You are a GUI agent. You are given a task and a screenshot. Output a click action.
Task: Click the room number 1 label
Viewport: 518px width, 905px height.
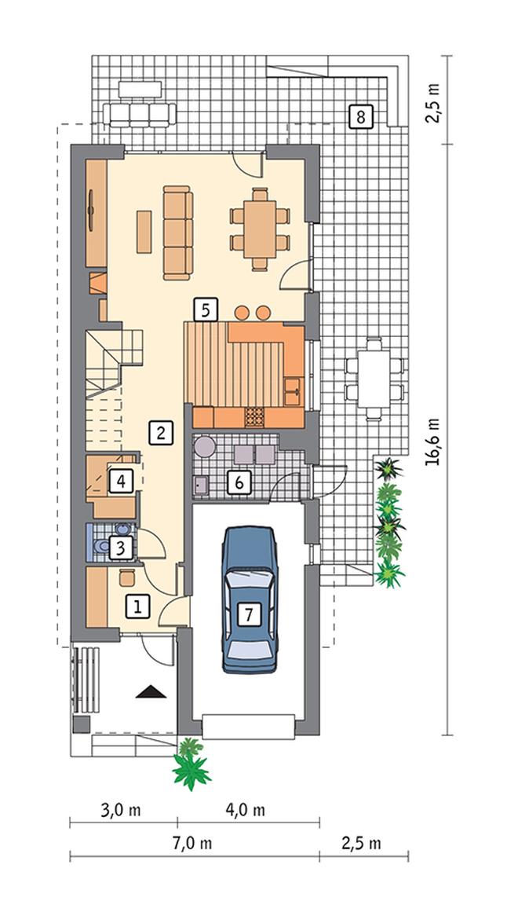coord(137,606)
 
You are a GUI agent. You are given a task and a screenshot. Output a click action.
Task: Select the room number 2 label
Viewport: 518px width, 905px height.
coord(160,432)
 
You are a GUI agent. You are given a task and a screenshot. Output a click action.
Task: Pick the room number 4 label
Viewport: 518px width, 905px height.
coord(121,480)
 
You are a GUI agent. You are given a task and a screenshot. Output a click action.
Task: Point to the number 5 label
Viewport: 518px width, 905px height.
coord(206,310)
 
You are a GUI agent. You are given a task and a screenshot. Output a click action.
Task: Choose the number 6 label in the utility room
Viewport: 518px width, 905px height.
coord(239,482)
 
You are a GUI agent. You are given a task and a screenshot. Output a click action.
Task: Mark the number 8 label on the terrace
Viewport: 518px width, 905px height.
coord(361,117)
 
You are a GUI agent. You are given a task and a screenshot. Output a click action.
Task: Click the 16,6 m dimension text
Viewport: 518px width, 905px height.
coord(432,442)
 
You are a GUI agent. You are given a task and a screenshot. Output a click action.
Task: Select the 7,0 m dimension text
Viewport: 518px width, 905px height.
coord(192,843)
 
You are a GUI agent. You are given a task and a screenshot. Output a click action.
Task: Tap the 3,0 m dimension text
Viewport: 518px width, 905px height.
coord(121,810)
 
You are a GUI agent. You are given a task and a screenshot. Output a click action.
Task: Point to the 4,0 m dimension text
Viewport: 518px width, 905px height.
coord(246,810)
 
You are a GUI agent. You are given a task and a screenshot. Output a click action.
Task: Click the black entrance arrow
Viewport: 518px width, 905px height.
coord(151,691)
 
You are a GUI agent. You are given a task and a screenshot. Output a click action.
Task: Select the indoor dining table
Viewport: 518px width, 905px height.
coord(260,229)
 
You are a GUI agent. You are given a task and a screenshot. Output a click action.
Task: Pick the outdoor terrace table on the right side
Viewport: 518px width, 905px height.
coord(374,379)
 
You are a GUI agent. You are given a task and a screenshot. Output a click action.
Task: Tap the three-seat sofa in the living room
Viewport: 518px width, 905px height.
coord(177,233)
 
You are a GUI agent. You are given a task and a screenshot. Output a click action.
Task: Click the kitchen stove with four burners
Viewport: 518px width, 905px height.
coord(255,417)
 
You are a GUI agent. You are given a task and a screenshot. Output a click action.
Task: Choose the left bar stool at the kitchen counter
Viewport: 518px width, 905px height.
coord(242,313)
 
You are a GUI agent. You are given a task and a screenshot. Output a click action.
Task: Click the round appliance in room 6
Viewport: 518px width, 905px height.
coord(204,448)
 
